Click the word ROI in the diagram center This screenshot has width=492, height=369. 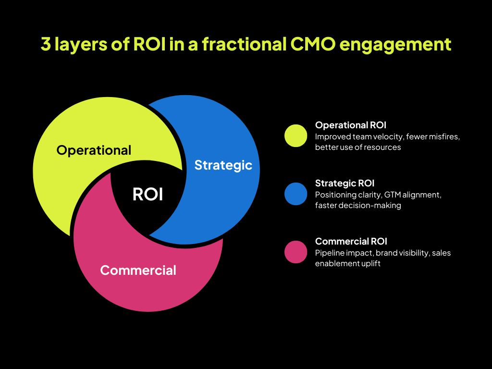(x=148, y=194)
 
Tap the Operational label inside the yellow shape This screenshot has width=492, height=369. (x=94, y=150)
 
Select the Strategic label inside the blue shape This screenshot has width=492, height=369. (x=223, y=165)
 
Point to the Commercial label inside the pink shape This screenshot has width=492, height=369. (x=138, y=270)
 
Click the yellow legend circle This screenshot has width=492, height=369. (x=295, y=135)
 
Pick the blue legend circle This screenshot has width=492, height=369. (x=295, y=194)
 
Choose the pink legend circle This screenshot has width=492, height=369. (x=295, y=252)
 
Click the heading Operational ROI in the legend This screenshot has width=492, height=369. (x=350, y=125)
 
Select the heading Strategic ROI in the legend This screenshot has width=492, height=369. (x=344, y=183)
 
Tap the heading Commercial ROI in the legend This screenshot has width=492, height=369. (x=351, y=241)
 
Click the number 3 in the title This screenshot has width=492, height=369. (x=46, y=44)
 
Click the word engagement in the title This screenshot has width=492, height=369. (x=395, y=45)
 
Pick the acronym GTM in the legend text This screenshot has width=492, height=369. (x=392, y=195)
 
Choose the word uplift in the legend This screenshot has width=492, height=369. (x=371, y=264)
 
